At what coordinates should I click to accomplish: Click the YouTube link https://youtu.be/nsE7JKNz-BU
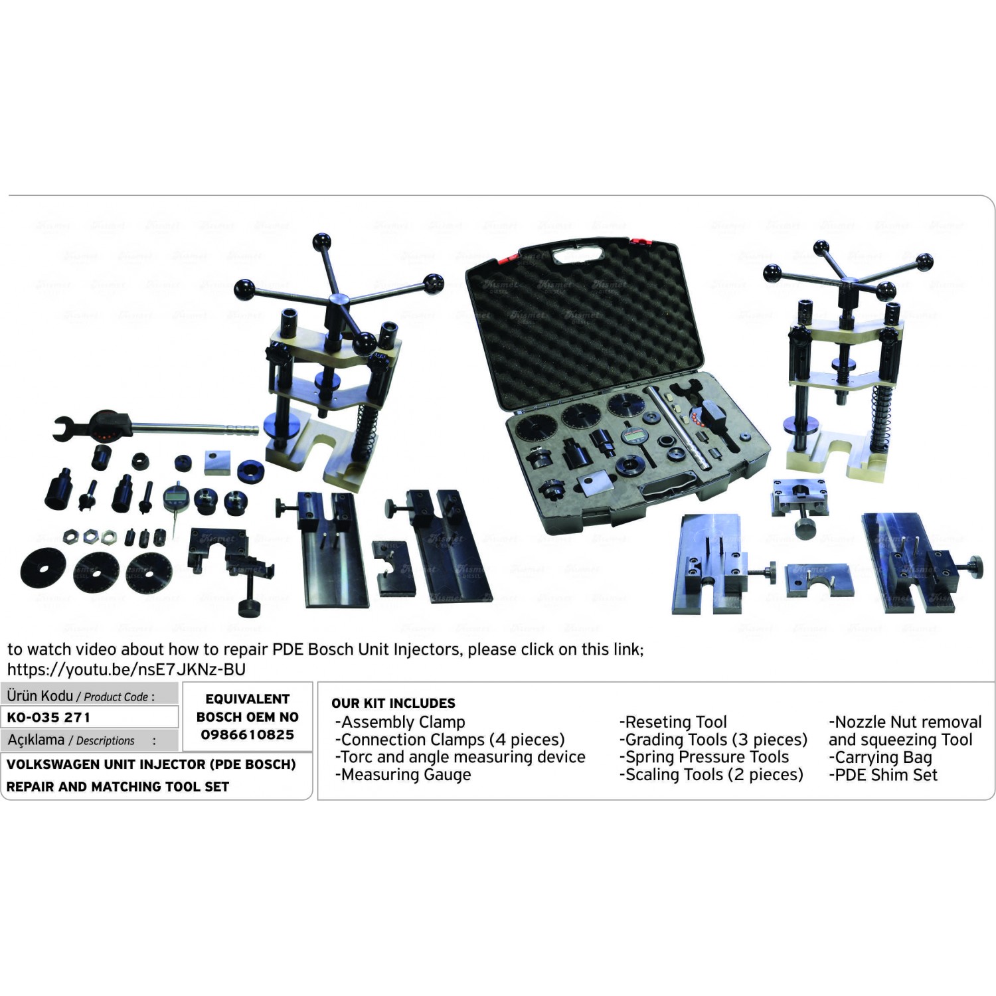[x=126, y=669]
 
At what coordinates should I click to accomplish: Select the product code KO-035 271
[x=48, y=717]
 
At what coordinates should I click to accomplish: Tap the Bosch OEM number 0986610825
[x=247, y=735]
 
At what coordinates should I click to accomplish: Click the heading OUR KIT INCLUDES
[x=393, y=703]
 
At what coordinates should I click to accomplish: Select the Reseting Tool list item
[x=673, y=722]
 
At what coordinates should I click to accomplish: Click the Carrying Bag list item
[x=880, y=758]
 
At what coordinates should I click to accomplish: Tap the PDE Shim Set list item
[x=883, y=775]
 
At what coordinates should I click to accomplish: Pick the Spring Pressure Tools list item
[x=705, y=758]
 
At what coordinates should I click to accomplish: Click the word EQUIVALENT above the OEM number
[x=247, y=699]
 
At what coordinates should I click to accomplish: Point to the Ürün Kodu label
[x=40, y=696]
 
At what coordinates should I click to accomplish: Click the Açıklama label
[x=36, y=740]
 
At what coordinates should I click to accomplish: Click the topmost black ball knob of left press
[x=323, y=240]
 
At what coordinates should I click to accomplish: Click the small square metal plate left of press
[x=218, y=462]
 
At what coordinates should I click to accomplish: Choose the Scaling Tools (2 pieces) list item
[x=711, y=775]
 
